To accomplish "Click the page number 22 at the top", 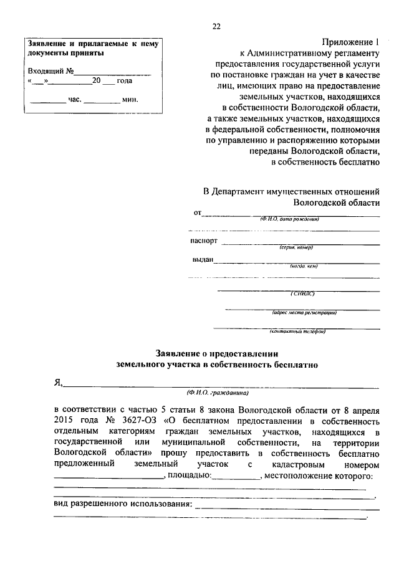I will (x=216, y=26).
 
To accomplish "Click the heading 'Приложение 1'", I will (x=350, y=42).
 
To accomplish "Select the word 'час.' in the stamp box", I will (x=73, y=99).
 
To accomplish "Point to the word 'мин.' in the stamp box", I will (x=130, y=99).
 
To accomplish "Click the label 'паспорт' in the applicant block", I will (x=204, y=241).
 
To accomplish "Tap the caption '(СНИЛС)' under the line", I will (x=304, y=293).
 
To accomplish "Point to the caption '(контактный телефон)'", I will (x=298, y=332).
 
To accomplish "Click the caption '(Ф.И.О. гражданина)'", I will (x=218, y=393).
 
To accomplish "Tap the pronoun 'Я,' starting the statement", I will (x=58, y=383).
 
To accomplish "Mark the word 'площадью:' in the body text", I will (x=189, y=477).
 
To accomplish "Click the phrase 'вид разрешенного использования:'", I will (x=123, y=503).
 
